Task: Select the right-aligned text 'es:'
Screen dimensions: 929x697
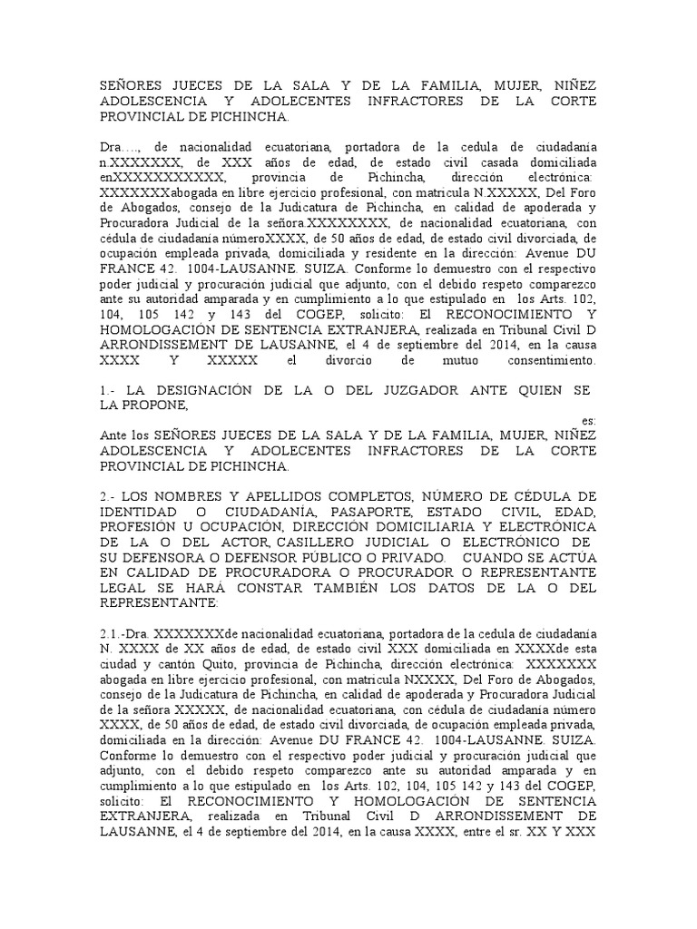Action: tap(588, 421)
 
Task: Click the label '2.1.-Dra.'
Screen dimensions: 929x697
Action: tap(127, 632)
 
